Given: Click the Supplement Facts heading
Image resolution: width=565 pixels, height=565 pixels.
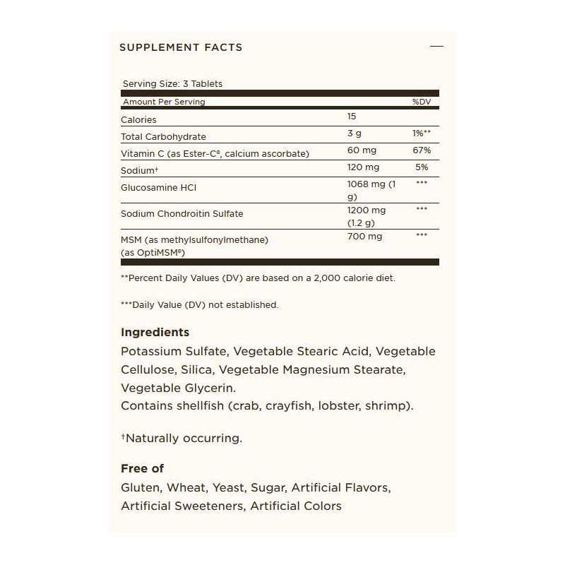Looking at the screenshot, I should tap(181, 47).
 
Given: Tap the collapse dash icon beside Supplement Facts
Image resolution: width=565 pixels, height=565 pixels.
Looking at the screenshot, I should tap(436, 47).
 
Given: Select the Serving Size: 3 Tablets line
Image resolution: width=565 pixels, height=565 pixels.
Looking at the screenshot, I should tap(172, 84).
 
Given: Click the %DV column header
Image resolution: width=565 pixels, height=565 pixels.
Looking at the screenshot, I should tap(421, 102).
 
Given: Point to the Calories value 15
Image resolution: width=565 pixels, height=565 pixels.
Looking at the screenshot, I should tap(352, 117).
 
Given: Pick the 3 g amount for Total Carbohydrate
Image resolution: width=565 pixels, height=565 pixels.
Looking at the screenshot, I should tap(354, 134).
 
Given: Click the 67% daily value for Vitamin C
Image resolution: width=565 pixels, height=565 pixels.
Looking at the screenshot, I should tap(422, 151).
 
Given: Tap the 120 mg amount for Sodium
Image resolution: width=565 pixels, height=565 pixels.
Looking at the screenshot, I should tap(363, 168).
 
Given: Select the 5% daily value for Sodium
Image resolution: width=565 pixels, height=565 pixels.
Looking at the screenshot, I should tap(422, 168).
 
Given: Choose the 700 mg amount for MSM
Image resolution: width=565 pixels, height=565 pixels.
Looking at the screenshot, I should tap(364, 237).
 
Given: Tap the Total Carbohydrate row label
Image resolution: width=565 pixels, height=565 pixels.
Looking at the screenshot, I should tap(163, 136).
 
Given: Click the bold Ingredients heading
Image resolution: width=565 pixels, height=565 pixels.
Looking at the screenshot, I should tap(155, 332).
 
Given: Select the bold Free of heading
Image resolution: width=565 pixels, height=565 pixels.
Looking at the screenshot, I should tap(143, 468).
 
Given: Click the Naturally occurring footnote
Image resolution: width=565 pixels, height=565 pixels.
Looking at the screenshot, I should tap(182, 438).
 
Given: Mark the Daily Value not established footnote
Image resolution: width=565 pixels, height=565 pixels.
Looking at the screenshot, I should tap(200, 305).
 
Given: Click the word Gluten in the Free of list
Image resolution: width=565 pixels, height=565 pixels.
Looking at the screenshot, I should tap(140, 488).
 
